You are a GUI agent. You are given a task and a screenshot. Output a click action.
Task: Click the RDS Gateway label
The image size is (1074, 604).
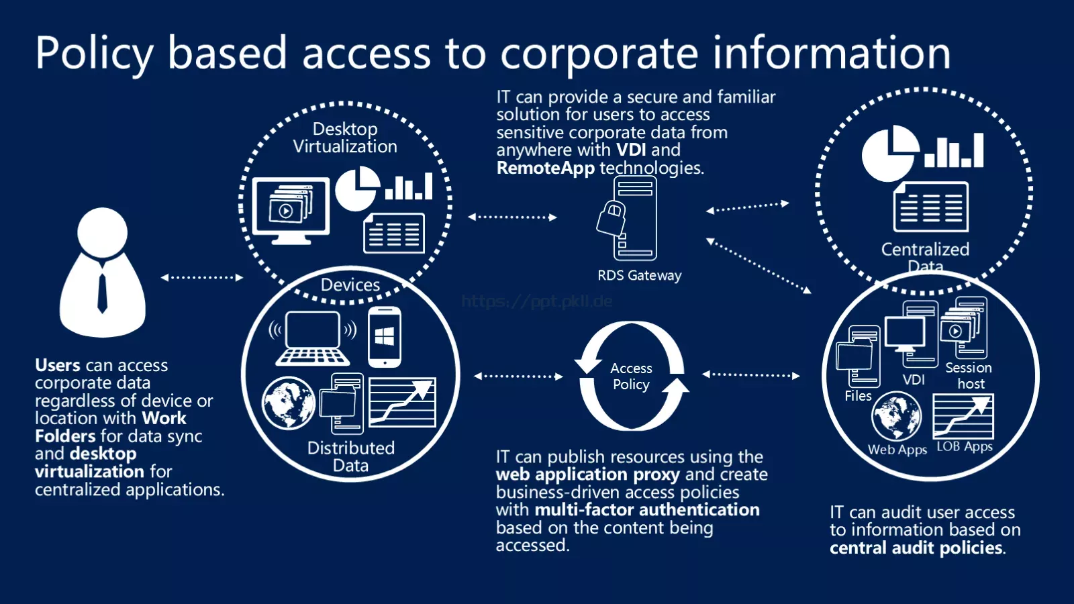[x=639, y=276]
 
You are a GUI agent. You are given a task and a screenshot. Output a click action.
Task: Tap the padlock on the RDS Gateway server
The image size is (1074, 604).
[x=612, y=218]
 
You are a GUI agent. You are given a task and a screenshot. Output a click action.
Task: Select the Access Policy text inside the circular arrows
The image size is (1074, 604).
[x=631, y=376]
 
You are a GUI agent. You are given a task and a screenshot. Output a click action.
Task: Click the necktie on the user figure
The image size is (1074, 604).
[x=102, y=293]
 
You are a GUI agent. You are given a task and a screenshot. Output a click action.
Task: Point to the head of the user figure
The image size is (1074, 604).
[x=102, y=232]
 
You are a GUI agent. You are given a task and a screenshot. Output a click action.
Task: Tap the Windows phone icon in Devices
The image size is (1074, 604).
[x=385, y=337]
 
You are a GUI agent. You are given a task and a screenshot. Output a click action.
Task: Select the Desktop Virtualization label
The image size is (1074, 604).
[x=345, y=138]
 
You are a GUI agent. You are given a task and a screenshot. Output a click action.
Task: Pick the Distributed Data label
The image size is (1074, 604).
[x=351, y=456]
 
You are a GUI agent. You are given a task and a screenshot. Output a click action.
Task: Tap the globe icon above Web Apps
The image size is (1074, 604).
[x=897, y=416]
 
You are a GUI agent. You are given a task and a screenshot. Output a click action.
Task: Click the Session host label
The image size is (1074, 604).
[x=969, y=375]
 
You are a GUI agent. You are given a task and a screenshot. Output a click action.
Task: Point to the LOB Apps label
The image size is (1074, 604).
[x=964, y=447]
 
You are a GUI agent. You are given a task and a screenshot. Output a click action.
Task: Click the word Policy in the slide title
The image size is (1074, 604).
[x=95, y=54]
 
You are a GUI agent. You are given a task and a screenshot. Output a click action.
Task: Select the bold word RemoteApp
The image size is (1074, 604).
[x=546, y=168]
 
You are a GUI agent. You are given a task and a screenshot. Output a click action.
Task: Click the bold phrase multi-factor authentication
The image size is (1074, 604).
[x=647, y=509]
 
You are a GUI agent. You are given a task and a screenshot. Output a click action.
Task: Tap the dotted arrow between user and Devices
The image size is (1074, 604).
[x=202, y=278]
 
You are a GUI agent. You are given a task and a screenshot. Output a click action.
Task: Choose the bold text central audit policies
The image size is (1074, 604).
[x=916, y=548]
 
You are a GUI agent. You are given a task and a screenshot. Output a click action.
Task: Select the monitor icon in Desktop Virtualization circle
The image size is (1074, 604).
[x=291, y=211]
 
